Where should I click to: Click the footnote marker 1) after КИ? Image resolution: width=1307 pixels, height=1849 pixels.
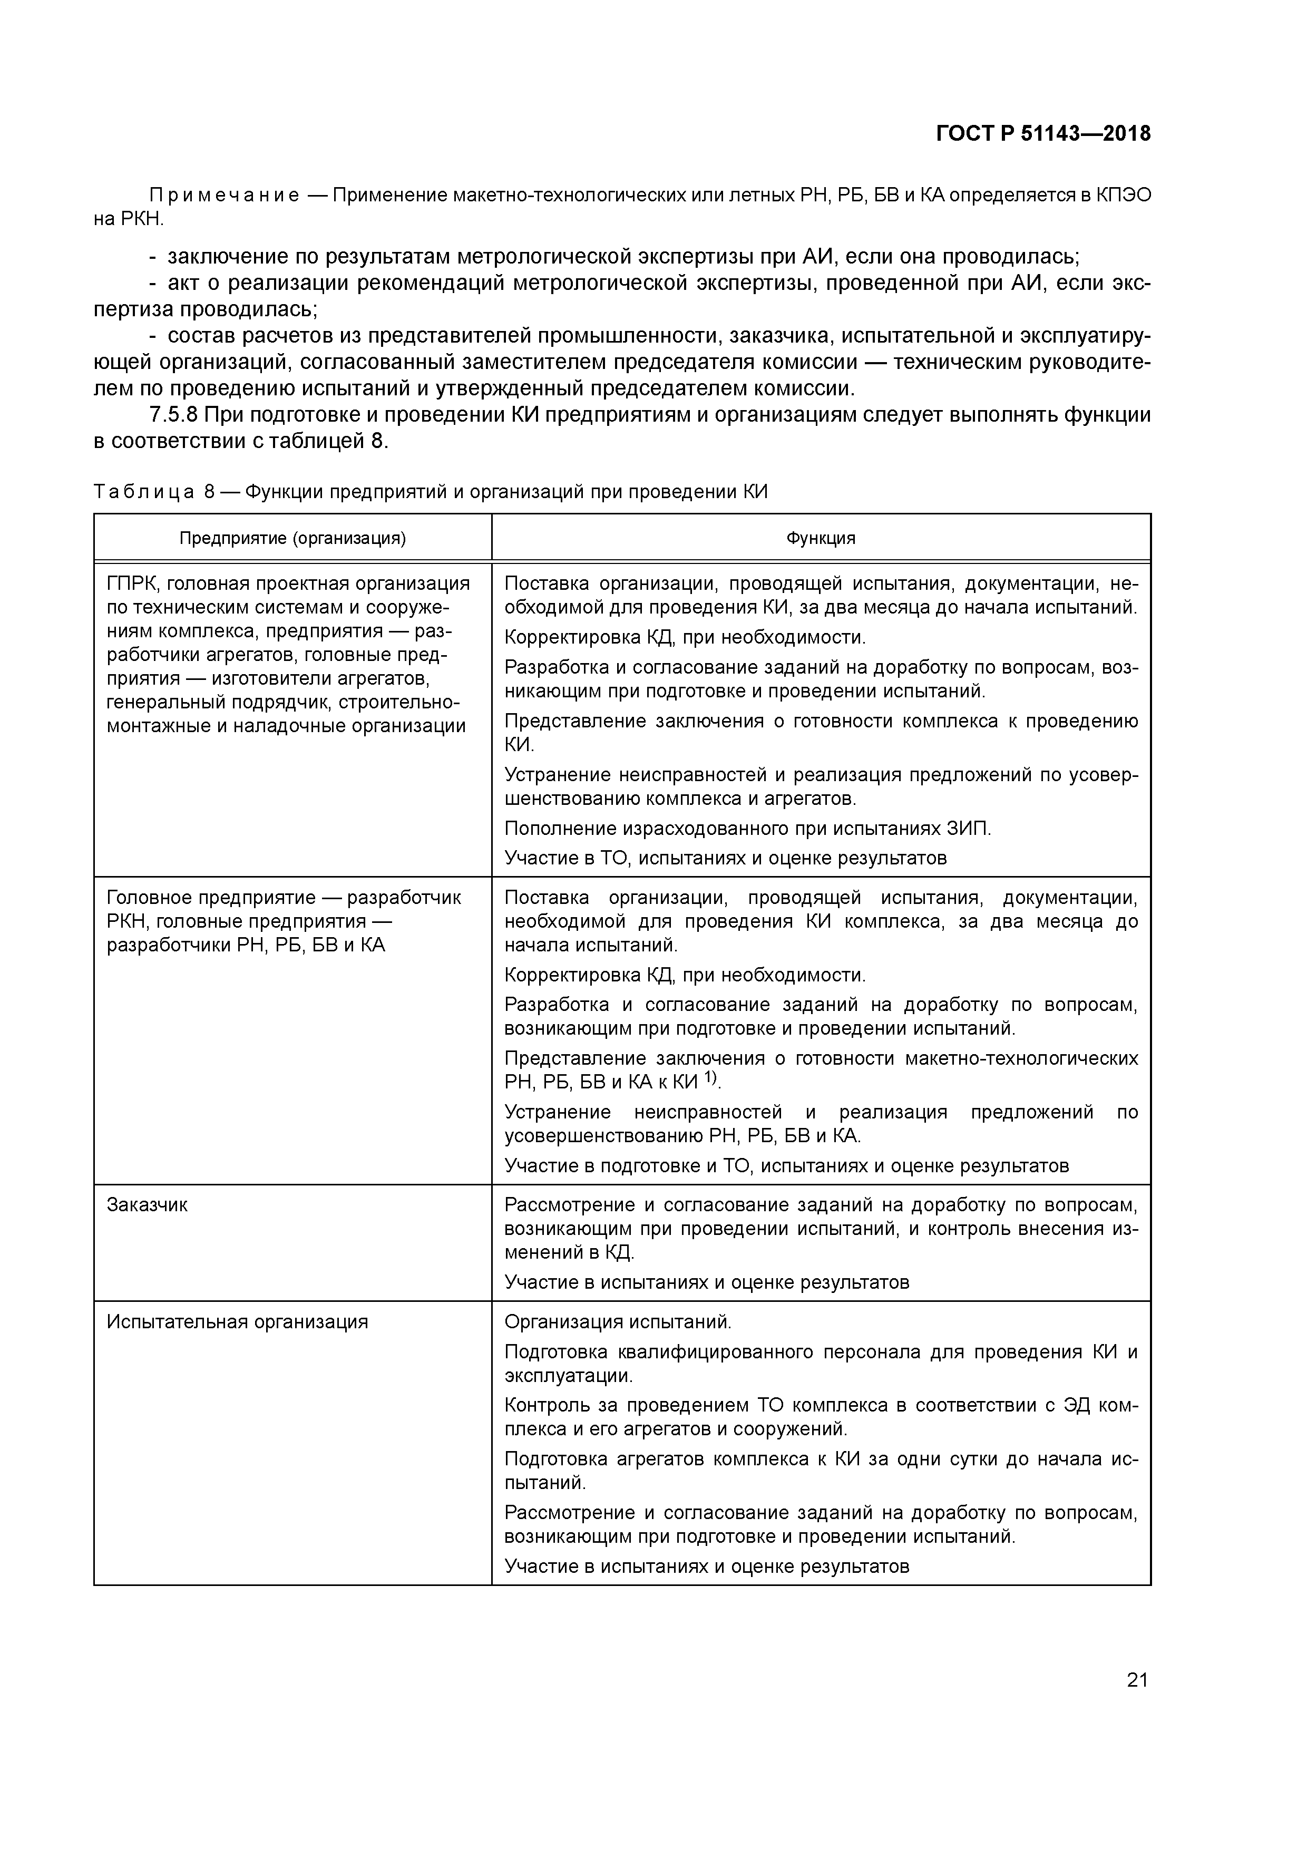(x=711, y=1077)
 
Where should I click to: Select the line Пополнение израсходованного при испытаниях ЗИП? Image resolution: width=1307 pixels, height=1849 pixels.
(x=747, y=828)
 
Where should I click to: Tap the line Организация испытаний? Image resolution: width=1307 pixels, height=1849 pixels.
(x=618, y=1321)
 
